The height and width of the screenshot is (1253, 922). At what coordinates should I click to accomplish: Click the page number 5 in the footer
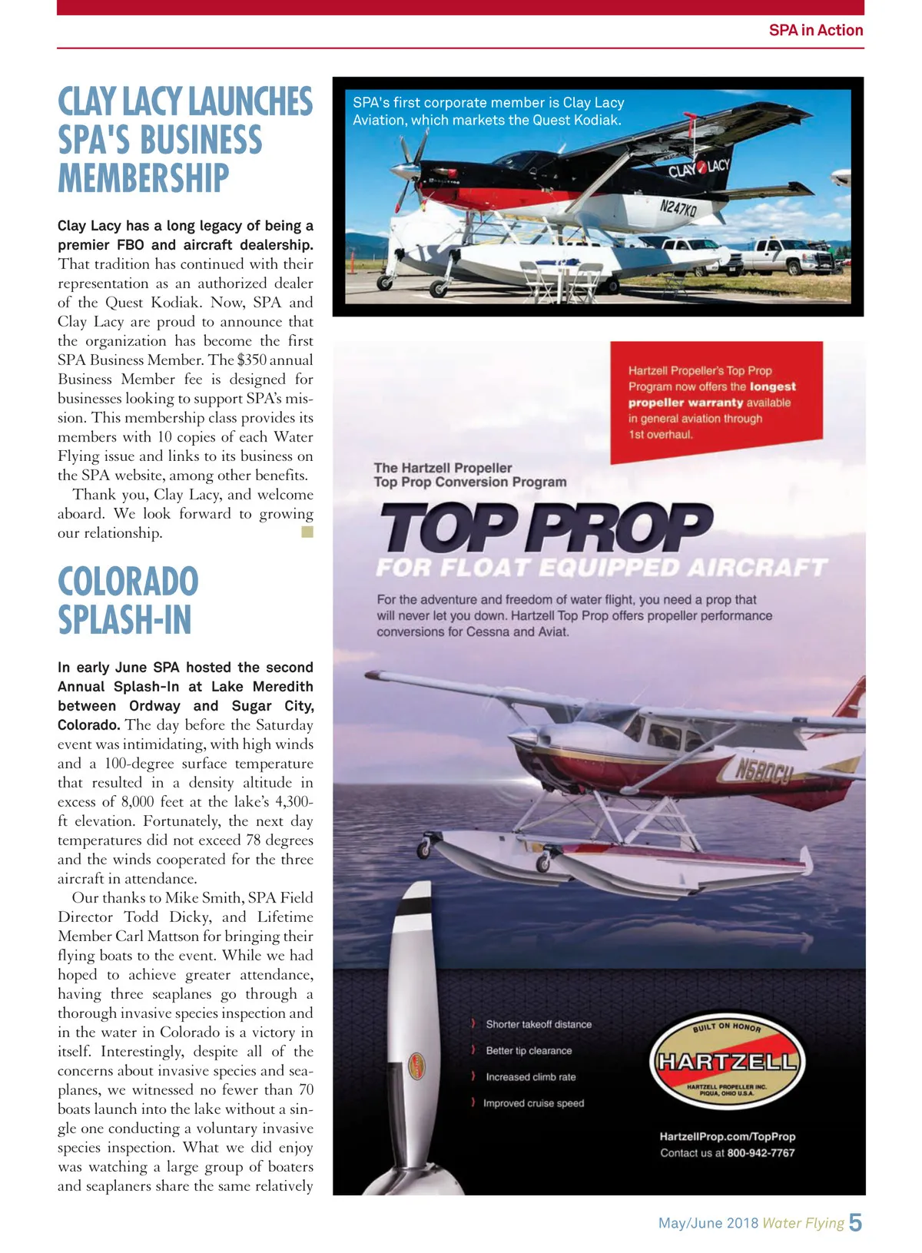point(854,1222)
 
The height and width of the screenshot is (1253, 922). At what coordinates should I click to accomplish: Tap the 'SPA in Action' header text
point(815,30)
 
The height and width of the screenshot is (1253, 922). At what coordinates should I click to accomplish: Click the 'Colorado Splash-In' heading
point(128,601)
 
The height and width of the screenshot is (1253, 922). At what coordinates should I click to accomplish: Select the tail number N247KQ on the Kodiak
point(677,207)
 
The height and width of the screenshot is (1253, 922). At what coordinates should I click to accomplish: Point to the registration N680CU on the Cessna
point(762,771)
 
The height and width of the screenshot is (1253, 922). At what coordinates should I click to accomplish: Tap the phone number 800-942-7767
point(761,1152)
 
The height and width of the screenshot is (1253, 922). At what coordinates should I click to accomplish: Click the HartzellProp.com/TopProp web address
point(727,1136)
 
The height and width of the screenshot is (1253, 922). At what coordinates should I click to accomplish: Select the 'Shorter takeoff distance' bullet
point(538,1024)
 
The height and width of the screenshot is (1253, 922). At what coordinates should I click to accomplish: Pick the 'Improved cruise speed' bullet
point(532,1103)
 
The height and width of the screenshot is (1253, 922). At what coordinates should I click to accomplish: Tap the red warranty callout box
point(715,402)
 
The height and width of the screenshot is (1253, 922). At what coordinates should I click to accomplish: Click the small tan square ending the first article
point(307,532)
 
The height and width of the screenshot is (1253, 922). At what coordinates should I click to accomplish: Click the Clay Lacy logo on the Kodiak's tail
point(698,168)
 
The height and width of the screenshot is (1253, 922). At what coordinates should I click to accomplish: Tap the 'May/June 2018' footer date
point(708,1223)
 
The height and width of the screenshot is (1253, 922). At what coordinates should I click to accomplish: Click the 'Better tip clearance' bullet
point(528,1050)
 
